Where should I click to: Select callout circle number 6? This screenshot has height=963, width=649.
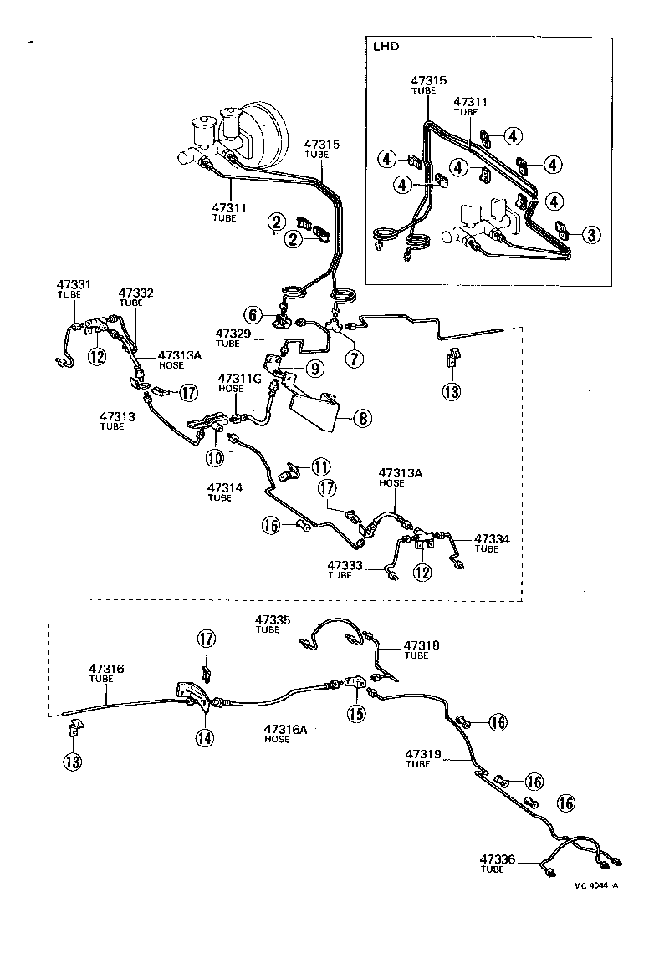tap(252, 315)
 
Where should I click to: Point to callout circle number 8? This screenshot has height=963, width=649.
tap(360, 419)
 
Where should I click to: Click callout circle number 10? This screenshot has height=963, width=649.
tap(215, 456)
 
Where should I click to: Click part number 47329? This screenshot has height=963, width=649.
tap(233, 333)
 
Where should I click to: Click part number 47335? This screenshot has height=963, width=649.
tap(273, 619)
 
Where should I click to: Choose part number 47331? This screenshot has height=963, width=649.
tap(73, 284)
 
